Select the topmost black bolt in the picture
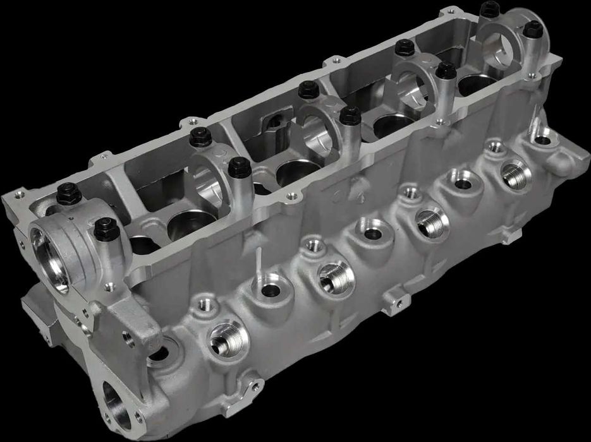pyautogui.click(x=489, y=9)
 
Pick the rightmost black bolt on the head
pyautogui.click(x=533, y=28)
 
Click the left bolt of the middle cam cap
pyautogui.click(x=308, y=89)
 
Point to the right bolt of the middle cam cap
pyautogui.click(x=350, y=116)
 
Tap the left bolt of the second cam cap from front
pyautogui.click(x=200, y=136)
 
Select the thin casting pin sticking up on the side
pyautogui.click(x=258, y=262)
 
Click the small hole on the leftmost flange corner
pyautogui.click(x=18, y=194)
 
